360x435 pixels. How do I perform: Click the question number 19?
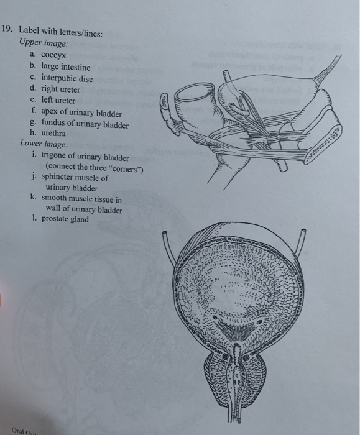tap(7, 29)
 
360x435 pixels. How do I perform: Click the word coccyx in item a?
tap(53, 55)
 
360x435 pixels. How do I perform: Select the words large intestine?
tap(66, 66)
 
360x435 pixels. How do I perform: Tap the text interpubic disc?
tap(67, 78)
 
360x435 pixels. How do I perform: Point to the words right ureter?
tap(60, 89)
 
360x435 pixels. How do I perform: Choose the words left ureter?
tap(58, 100)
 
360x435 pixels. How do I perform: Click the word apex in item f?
tap(49, 112)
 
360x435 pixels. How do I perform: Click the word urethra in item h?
tap(53, 134)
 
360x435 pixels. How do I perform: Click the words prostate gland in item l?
tap(65, 219)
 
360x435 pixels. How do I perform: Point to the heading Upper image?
tap(44, 43)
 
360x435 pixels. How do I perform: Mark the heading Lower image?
tap(44, 144)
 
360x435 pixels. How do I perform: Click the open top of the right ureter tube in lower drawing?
tap(303, 231)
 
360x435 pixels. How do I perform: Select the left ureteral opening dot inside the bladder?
tap(215, 318)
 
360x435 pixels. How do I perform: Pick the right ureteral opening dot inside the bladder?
tap(259, 322)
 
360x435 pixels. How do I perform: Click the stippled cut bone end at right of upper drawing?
tap(324, 145)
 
